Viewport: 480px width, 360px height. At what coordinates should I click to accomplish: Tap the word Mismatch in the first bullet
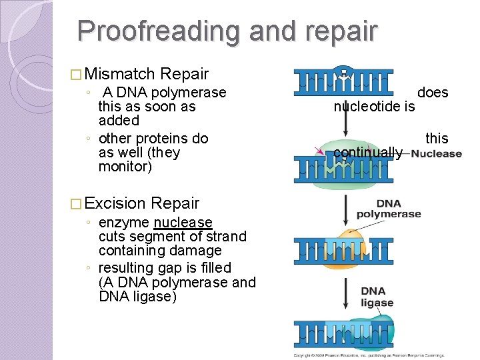[x=120, y=74]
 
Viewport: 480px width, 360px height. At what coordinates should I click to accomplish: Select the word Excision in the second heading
[x=115, y=203]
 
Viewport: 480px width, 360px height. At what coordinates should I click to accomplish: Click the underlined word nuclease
[x=183, y=223]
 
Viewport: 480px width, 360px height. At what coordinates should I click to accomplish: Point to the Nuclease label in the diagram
[x=437, y=154]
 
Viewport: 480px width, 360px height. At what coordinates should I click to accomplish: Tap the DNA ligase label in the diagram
[x=377, y=297]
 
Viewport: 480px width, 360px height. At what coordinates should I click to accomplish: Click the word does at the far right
[x=433, y=93]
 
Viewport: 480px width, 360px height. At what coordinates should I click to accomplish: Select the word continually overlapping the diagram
[x=367, y=153]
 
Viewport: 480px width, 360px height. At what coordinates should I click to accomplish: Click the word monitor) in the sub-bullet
[x=125, y=167]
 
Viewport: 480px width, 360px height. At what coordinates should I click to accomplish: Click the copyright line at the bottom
[x=368, y=355]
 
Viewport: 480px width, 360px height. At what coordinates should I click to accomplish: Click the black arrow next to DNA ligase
[x=344, y=295]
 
